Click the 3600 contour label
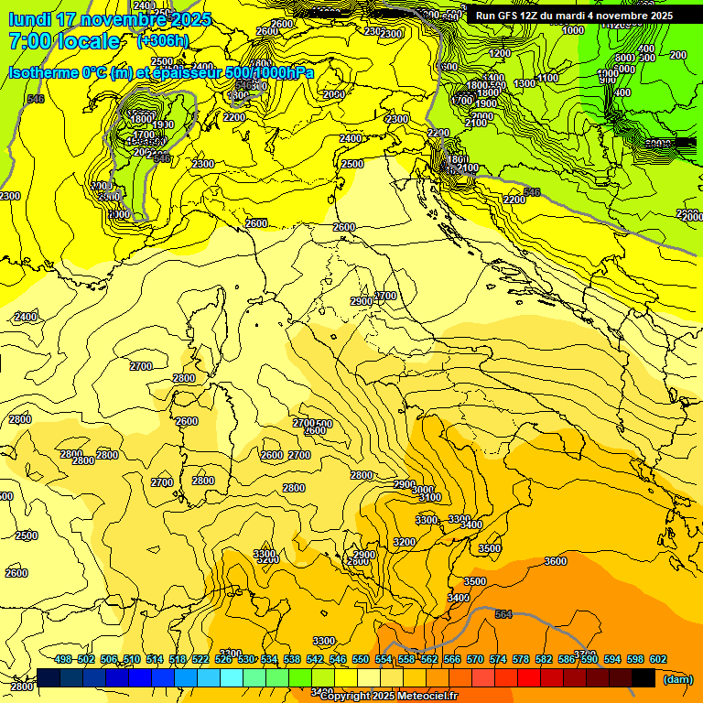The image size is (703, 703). [x=555, y=561]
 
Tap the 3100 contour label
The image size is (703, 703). [x=429, y=498]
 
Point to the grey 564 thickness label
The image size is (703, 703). [x=503, y=614]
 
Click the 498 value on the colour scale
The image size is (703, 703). [x=63, y=660]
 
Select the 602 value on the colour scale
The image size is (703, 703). [x=658, y=660]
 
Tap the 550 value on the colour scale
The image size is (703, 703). [x=361, y=660]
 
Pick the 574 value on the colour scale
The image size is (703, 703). [x=498, y=660]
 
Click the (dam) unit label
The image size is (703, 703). [x=677, y=679]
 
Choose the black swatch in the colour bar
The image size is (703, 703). [x=644, y=677]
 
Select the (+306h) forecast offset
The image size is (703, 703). [x=163, y=40]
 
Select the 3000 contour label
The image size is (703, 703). [x=422, y=490]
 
